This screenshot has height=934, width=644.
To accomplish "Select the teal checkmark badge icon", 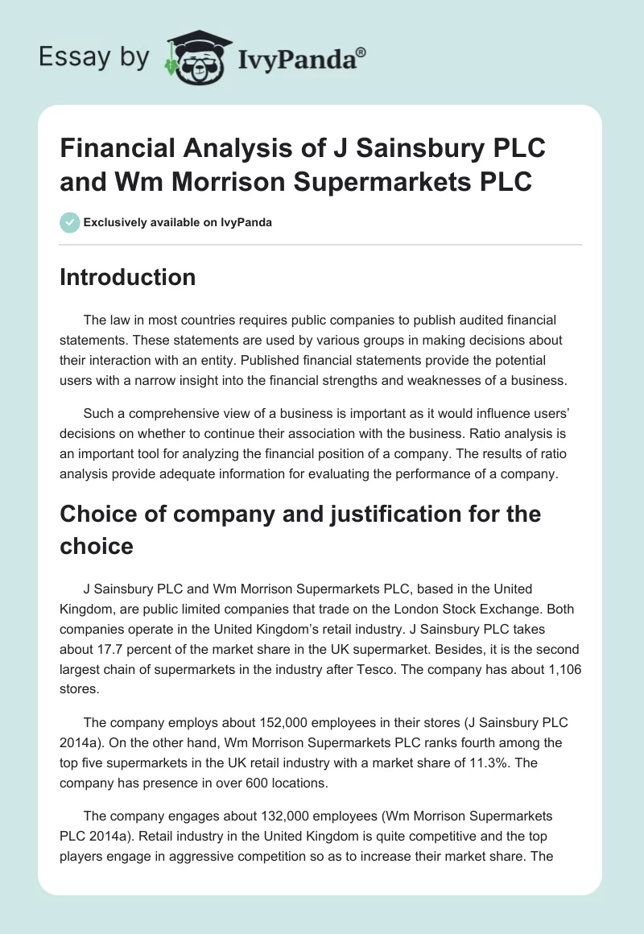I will (x=70, y=222).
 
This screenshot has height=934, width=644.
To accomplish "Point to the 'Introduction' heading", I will (x=128, y=278).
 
